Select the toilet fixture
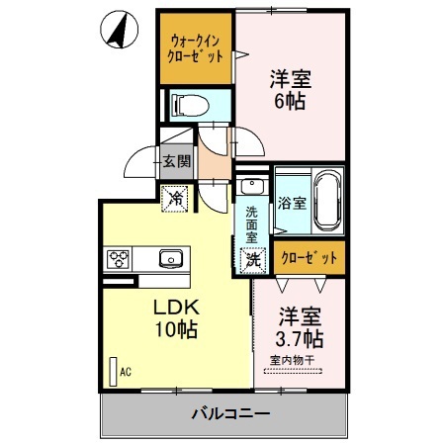(188, 103)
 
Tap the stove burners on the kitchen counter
(120, 260)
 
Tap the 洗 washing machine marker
(253, 259)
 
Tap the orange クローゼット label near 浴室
(311, 256)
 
